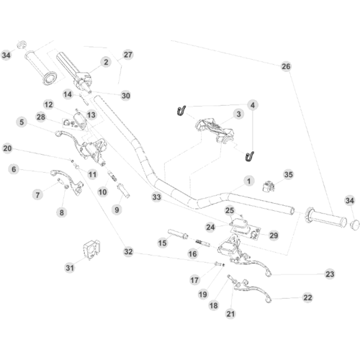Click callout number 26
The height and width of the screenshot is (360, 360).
(286, 66)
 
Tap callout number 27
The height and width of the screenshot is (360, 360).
(128, 55)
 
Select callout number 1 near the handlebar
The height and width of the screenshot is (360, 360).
(248, 181)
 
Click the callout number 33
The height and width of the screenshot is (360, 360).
(156, 197)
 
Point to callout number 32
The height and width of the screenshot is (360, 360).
(128, 252)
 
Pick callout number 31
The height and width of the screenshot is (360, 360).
(70, 268)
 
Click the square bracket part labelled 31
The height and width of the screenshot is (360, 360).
(91, 250)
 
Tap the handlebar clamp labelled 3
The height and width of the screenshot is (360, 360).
(215, 130)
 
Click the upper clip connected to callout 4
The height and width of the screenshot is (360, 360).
(181, 110)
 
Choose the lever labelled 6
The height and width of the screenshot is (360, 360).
(67, 180)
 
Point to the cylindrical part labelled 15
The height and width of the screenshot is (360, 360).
(178, 233)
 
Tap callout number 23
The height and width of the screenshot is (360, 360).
(330, 274)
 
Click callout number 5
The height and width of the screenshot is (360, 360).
(22, 122)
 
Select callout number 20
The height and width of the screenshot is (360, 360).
(7, 148)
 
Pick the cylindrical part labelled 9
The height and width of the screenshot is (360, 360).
(123, 191)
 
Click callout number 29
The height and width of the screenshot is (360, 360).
(274, 235)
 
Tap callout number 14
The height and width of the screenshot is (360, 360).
(68, 94)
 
